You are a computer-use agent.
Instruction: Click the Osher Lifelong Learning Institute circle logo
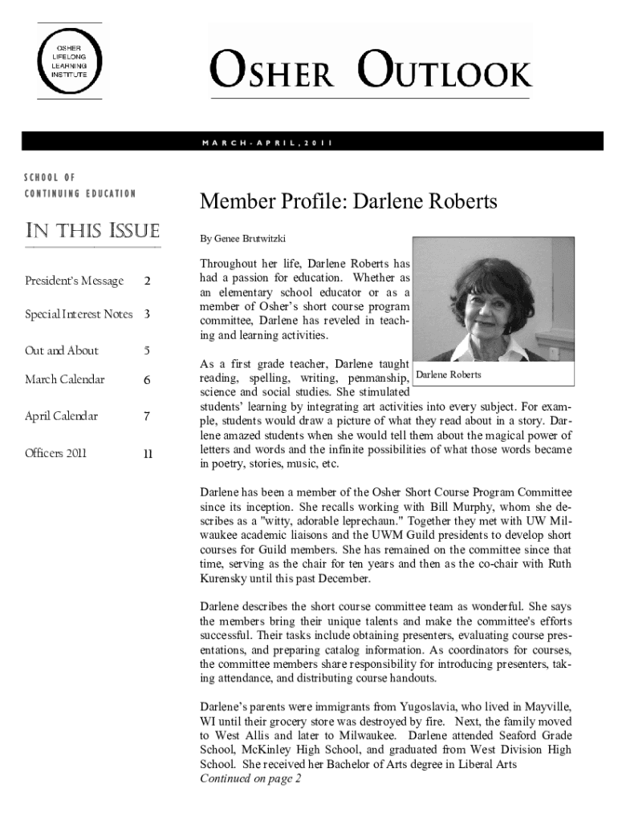70,61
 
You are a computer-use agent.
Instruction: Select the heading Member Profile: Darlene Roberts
349,202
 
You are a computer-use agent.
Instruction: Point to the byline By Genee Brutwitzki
242,239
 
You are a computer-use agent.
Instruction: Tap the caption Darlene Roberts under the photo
449,374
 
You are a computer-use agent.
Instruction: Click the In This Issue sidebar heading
92,232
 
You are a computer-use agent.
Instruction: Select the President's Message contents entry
75,281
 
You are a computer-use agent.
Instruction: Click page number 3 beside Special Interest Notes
147,314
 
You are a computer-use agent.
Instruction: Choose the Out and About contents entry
62,350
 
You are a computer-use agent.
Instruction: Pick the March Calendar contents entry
65,379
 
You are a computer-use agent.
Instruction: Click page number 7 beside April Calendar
147,416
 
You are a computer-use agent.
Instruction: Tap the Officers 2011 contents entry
56,453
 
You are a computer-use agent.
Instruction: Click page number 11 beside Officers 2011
148,453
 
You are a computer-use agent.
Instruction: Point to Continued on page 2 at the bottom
250,779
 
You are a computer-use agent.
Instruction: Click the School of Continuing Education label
79,185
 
